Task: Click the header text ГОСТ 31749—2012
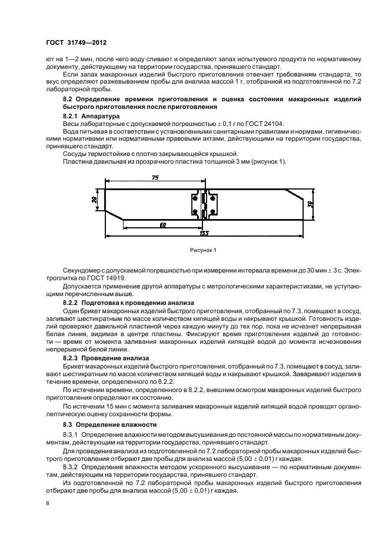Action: [77, 43]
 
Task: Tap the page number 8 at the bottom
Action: [48, 503]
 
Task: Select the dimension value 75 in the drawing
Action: [154, 178]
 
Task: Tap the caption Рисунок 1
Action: [202, 250]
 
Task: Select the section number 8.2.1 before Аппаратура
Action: [72, 117]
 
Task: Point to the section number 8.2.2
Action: [72, 302]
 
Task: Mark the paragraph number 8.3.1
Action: [72, 434]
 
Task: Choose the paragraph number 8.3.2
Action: [72, 467]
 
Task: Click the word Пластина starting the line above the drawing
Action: [78, 161]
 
